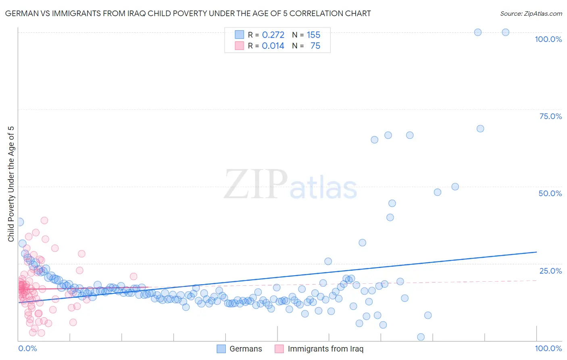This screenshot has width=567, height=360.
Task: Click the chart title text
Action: (x=188, y=14)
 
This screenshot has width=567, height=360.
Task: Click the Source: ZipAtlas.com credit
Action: (x=531, y=14)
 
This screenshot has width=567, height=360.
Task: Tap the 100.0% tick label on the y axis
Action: (x=548, y=39)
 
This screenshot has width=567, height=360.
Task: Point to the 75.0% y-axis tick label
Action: (x=550, y=116)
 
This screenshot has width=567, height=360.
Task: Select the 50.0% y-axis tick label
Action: (x=550, y=193)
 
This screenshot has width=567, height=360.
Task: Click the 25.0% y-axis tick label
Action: (x=550, y=271)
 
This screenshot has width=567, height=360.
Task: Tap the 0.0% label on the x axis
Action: (x=27, y=348)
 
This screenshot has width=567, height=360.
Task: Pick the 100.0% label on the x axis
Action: (x=548, y=348)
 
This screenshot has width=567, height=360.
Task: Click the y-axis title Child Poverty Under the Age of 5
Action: (x=11, y=184)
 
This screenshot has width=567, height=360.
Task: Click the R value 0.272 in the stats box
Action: (x=273, y=35)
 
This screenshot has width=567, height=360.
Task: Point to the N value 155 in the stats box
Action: (x=313, y=35)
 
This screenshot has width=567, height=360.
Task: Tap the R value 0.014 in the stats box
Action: (x=273, y=46)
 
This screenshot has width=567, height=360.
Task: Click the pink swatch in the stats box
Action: (x=240, y=46)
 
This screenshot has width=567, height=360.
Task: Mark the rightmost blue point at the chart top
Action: (x=505, y=32)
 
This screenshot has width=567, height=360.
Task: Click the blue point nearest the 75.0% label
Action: (x=480, y=129)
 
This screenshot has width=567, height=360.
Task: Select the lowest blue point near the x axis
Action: (x=421, y=337)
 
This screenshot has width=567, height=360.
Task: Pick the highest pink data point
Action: (x=44, y=220)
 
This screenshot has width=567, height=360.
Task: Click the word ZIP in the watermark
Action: (x=255, y=184)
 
